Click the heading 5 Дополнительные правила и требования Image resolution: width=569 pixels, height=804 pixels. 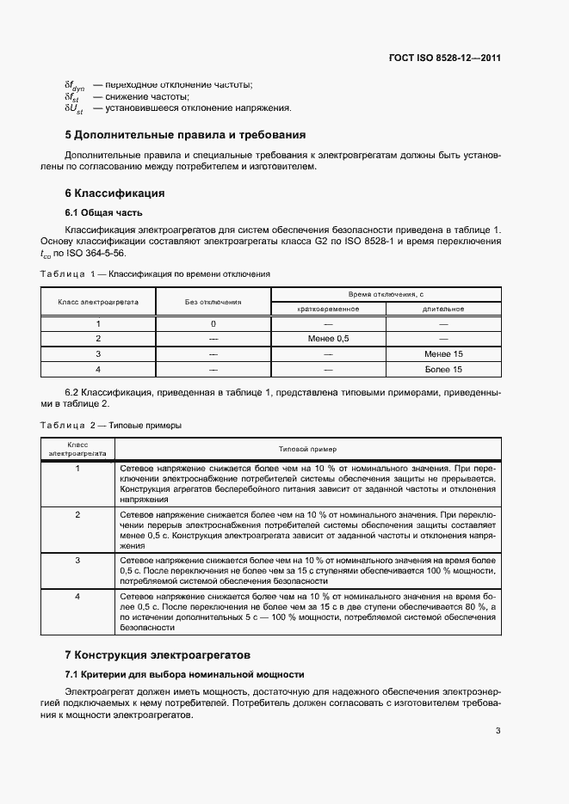(x=185, y=135)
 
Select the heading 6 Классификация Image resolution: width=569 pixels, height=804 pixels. (x=115, y=193)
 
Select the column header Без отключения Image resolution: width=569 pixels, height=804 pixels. (x=213, y=302)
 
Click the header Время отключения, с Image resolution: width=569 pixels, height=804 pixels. (x=386, y=295)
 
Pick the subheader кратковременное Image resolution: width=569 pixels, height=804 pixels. (x=328, y=309)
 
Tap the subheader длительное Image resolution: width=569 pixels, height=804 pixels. (x=443, y=309)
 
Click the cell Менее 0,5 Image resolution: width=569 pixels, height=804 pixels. (x=328, y=339)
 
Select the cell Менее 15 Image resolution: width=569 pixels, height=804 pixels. (x=443, y=353)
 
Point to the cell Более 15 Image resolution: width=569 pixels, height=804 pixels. (x=443, y=369)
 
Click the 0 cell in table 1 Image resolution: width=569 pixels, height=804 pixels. (x=213, y=323)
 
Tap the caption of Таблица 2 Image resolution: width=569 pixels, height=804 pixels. (x=111, y=425)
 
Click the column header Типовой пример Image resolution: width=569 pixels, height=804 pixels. (x=307, y=449)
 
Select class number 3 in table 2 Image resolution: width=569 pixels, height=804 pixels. (x=77, y=560)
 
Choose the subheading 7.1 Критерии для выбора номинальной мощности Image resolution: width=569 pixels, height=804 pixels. (x=185, y=673)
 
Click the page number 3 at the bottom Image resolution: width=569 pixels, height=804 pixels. (x=498, y=731)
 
